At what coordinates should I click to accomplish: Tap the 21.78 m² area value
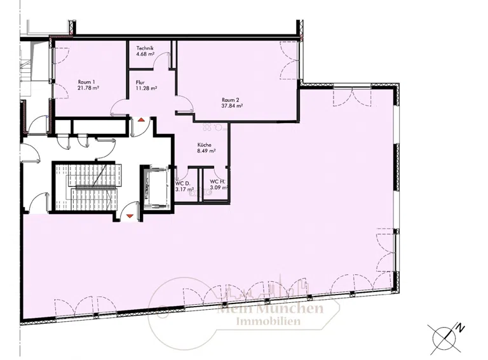tap(88, 88)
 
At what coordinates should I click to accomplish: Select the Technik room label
tap(145, 48)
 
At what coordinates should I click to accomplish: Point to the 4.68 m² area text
tap(146, 54)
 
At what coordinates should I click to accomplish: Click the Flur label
tap(140, 83)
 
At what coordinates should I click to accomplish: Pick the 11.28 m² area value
tap(146, 88)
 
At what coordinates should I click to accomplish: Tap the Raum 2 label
tap(230, 100)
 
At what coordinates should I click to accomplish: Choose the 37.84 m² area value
tap(232, 105)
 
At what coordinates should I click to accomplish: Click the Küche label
tap(205, 145)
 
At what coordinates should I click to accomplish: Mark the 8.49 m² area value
tap(207, 151)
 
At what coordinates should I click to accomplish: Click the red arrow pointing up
tap(141, 120)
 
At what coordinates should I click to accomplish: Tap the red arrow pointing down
tap(130, 216)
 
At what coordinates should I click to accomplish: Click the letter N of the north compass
tap(461, 328)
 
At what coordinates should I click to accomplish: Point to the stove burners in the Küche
tap(212, 127)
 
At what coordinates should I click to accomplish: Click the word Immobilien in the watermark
tap(268, 321)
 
